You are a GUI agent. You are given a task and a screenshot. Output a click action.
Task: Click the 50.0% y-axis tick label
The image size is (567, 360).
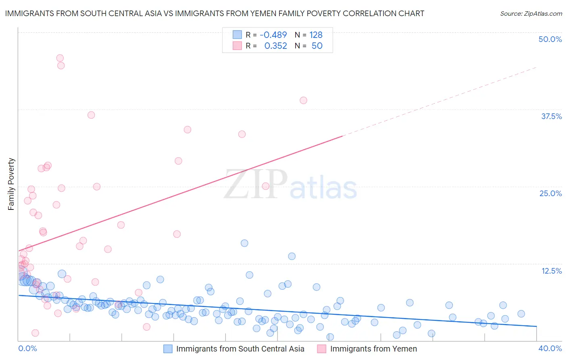coord(550,39)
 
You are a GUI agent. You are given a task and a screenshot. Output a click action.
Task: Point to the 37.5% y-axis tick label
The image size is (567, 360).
coord(551,116)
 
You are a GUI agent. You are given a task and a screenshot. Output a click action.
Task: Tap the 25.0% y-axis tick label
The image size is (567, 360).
coord(550,193)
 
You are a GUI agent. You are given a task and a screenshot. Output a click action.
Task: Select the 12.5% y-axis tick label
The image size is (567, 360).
coord(551,271)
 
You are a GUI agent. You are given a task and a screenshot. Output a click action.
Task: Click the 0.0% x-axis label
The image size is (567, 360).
coord(27,348)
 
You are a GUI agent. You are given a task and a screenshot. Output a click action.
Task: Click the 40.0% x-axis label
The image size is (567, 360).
coord(550,348)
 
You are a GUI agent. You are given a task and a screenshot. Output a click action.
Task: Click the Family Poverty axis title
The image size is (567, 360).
coord(11,184)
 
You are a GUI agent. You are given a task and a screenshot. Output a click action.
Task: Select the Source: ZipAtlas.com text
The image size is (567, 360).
coord(531,13)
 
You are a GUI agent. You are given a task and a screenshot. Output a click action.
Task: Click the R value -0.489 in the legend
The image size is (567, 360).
coord(273,35)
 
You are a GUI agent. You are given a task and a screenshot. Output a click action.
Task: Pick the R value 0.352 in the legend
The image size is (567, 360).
coord(275,46)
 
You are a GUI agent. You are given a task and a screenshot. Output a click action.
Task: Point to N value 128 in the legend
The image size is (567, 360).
coord(316,35)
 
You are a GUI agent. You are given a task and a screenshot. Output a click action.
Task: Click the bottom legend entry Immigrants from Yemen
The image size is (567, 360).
coord(373,349)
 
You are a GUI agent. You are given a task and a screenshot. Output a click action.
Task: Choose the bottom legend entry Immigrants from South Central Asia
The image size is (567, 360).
coord(240,349)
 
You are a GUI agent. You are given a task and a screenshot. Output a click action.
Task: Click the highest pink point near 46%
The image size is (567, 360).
coord(60,58)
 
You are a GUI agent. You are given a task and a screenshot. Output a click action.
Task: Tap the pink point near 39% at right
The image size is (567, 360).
coord(303,100)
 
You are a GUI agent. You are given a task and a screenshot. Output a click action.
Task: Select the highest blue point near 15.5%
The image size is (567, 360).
coord(244,243)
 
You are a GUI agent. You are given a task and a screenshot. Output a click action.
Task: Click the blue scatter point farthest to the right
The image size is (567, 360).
coord(521,314)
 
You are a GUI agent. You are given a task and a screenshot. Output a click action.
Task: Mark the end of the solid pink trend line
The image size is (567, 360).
coord(342,136)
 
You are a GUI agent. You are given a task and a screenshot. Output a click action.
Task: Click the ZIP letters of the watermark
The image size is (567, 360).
coord(255,184)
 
